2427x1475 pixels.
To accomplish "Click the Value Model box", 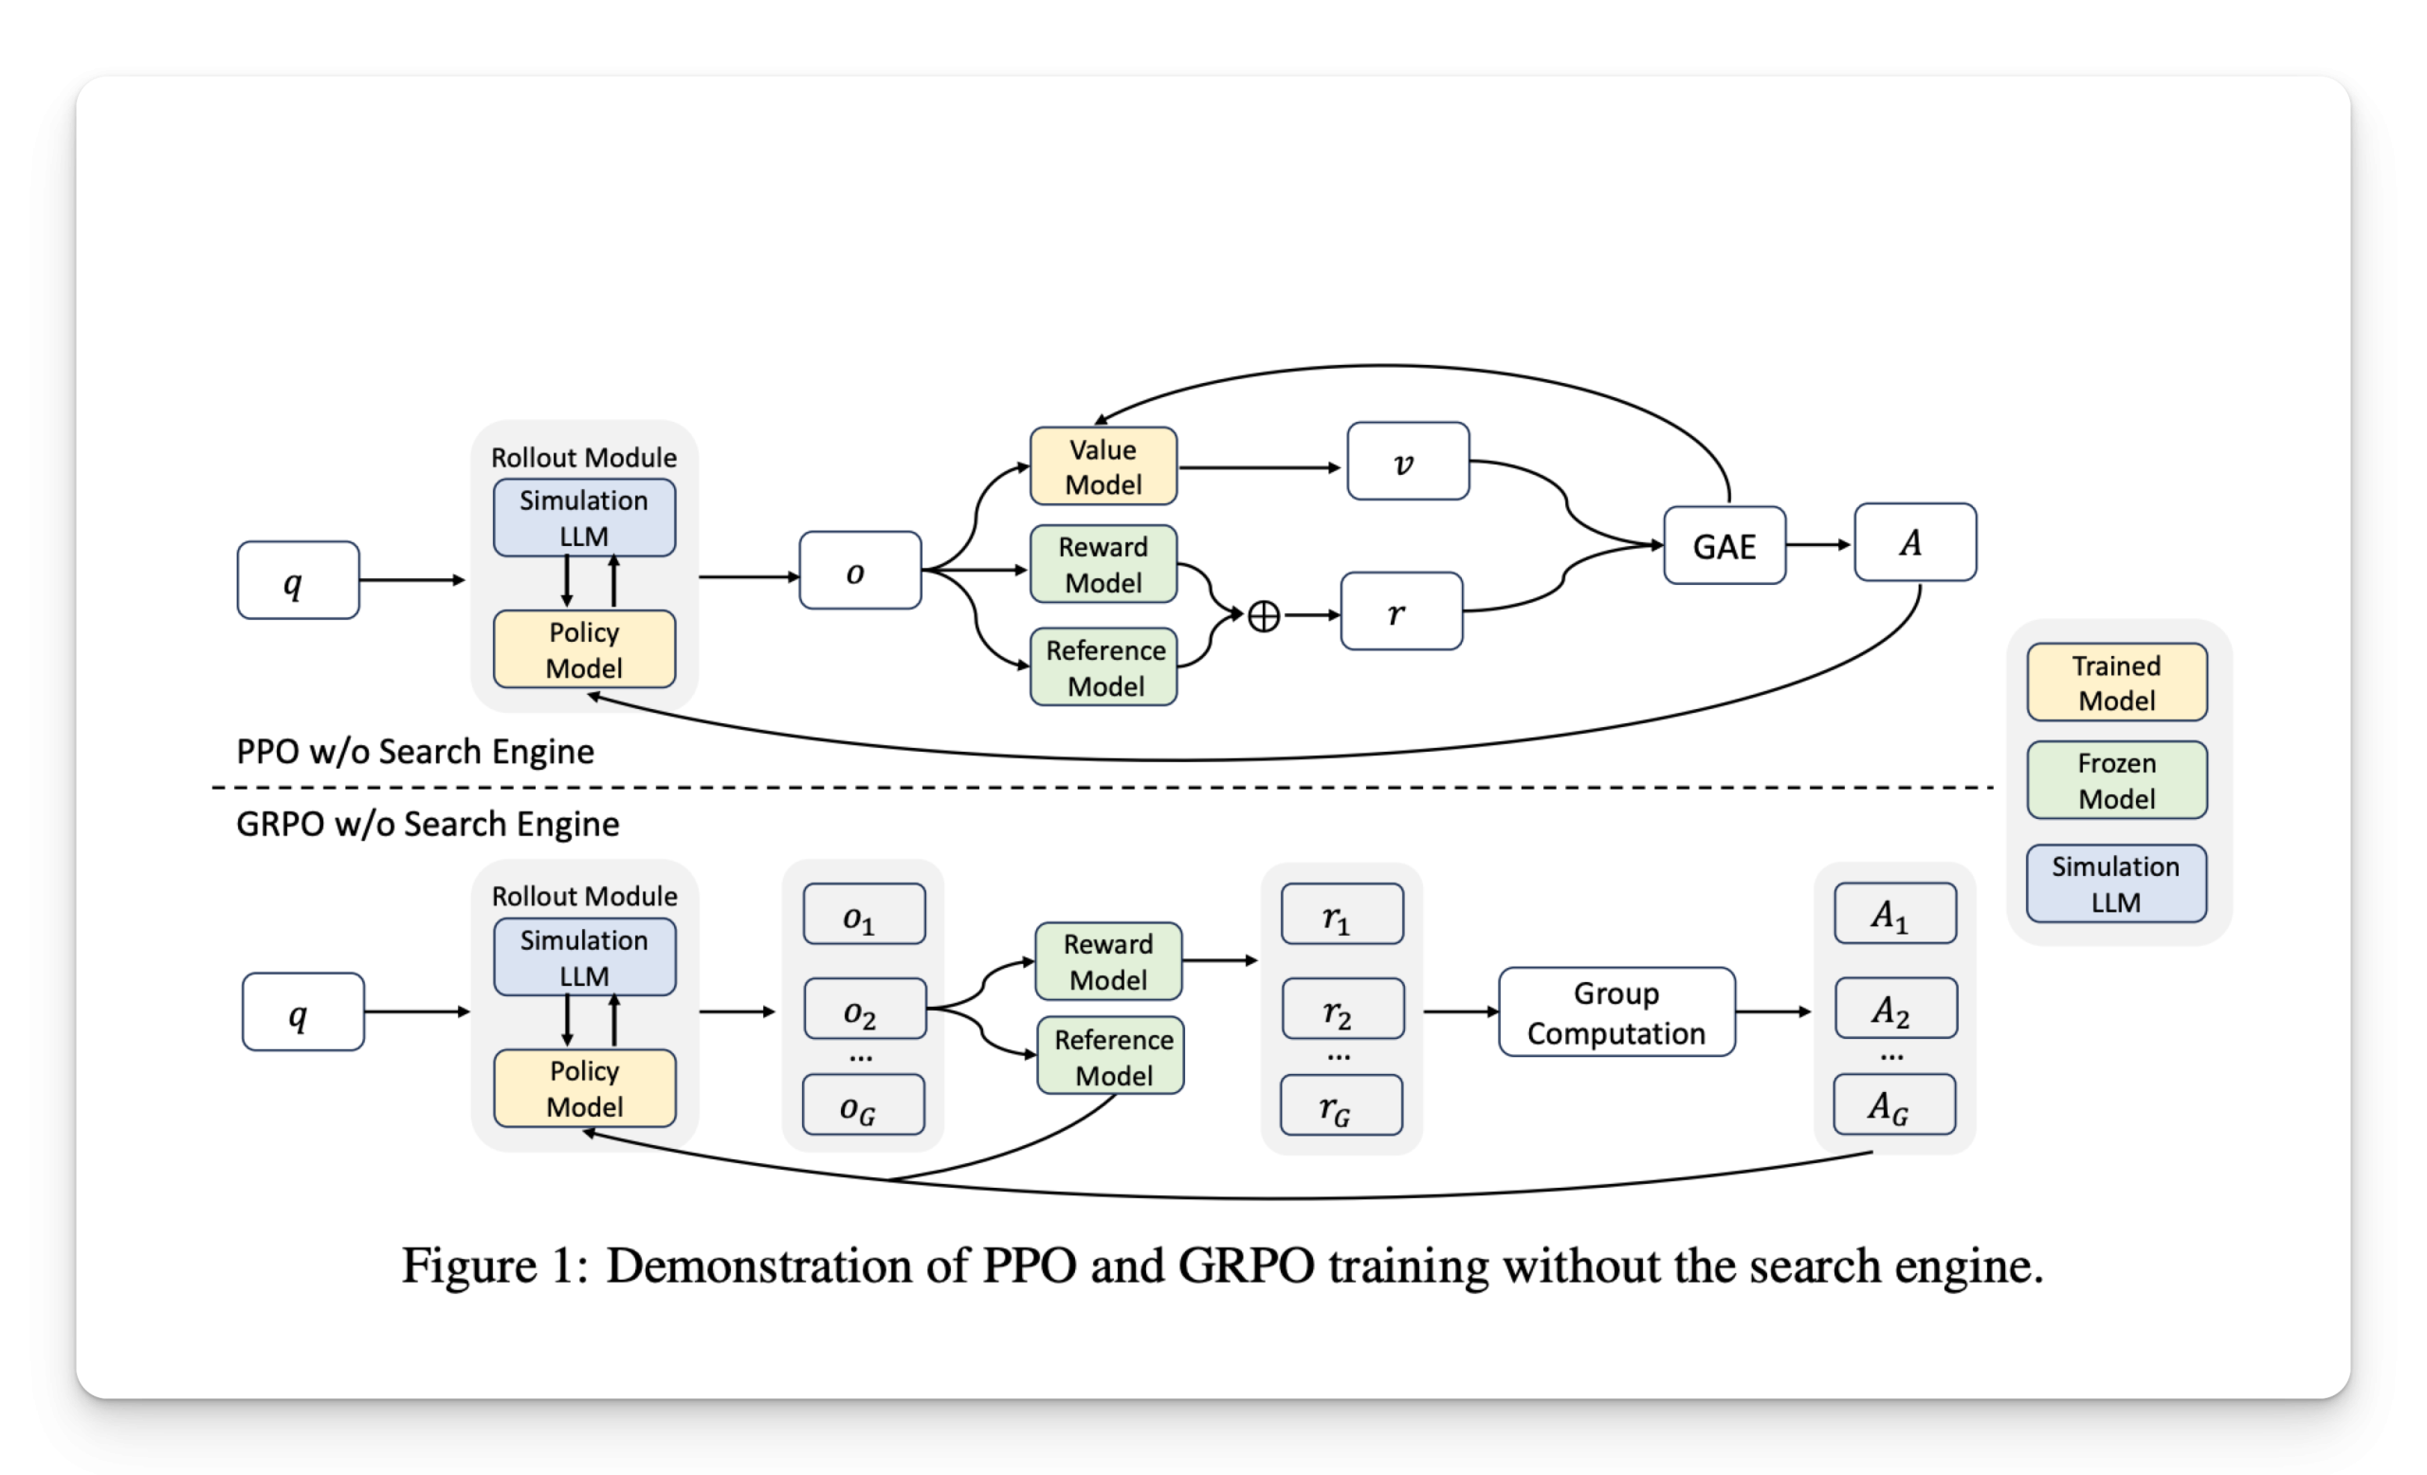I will (1104, 465).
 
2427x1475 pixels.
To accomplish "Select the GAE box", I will (1724, 545).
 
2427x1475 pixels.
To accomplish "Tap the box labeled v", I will (1408, 462).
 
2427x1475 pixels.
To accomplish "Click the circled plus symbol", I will (1264, 616).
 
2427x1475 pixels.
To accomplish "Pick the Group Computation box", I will (1616, 1012).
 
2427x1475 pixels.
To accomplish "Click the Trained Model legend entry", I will (2116, 683).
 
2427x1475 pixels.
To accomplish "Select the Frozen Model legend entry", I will (2116, 780).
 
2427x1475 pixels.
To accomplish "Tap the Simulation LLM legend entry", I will (2116, 883).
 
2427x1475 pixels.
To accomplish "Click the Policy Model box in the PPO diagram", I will (584, 649).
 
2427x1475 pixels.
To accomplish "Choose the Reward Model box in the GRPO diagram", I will (1108, 961).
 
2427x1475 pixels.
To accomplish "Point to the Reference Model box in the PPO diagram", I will (1104, 666).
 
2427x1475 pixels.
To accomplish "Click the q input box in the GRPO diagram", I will (302, 1012).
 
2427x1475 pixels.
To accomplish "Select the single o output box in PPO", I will (859, 571).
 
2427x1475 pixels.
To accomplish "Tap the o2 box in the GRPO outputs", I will (864, 1010).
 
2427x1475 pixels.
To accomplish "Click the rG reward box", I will (1341, 1105).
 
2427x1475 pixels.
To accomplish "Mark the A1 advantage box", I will (1894, 914).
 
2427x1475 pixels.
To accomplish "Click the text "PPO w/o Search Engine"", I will (414, 752).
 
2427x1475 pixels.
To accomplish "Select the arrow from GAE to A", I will (1818, 544).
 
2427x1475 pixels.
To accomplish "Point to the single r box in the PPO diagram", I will (1400, 611).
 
